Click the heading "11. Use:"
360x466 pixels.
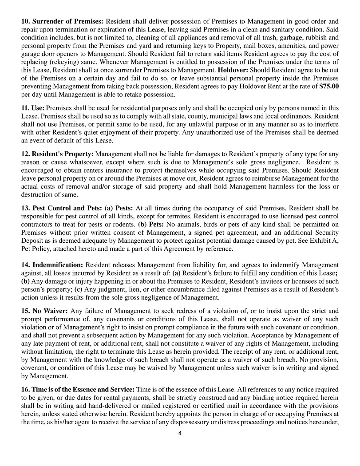[33, 108]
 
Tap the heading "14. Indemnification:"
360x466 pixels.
[52, 265]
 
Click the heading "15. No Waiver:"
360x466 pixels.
[44, 311]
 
